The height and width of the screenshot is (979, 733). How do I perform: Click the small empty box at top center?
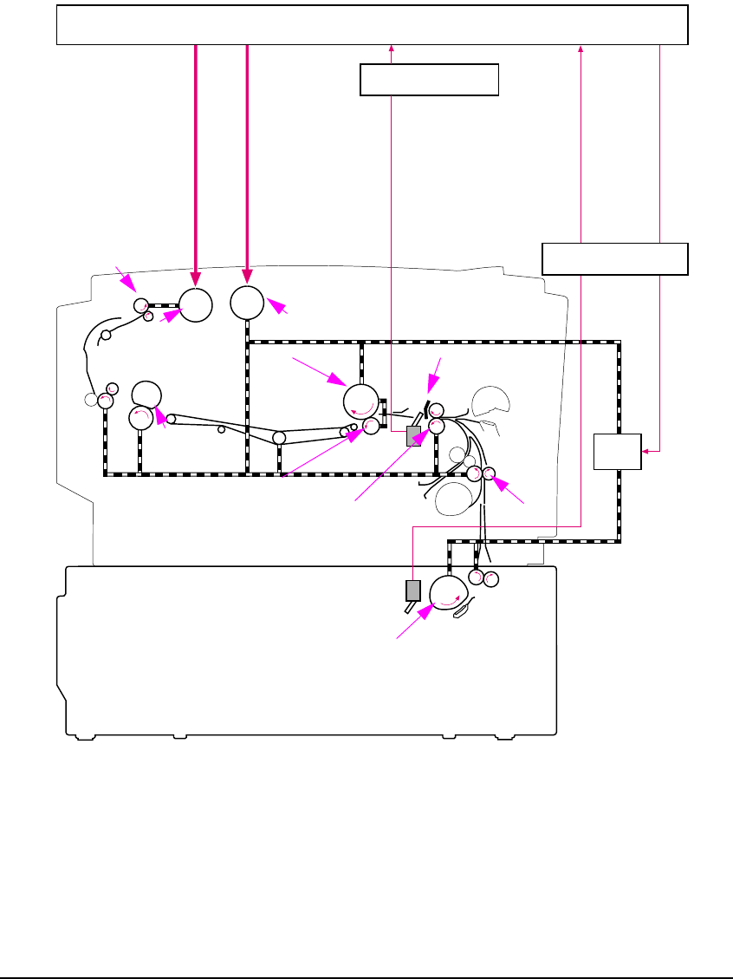point(429,80)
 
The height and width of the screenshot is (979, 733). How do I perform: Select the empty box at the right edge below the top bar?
point(614,258)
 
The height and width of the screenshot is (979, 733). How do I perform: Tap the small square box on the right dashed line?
point(617,451)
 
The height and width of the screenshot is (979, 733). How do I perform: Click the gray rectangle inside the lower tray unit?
point(412,591)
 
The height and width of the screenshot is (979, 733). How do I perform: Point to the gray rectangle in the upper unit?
point(413,436)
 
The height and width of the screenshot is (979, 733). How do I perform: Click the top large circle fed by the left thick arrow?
point(196,304)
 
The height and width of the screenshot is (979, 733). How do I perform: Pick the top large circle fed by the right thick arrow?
point(248,303)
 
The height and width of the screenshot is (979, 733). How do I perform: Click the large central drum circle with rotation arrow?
point(362,401)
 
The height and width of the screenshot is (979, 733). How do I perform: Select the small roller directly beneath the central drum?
point(371,425)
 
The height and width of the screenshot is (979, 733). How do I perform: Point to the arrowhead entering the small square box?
point(646,450)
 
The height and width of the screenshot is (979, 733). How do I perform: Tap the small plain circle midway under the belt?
point(222,429)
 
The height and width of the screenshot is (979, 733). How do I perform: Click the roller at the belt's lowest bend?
point(279,438)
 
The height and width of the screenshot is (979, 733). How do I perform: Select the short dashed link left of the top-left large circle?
point(163,305)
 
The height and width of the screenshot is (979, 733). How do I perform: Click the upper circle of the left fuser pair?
point(146,393)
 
